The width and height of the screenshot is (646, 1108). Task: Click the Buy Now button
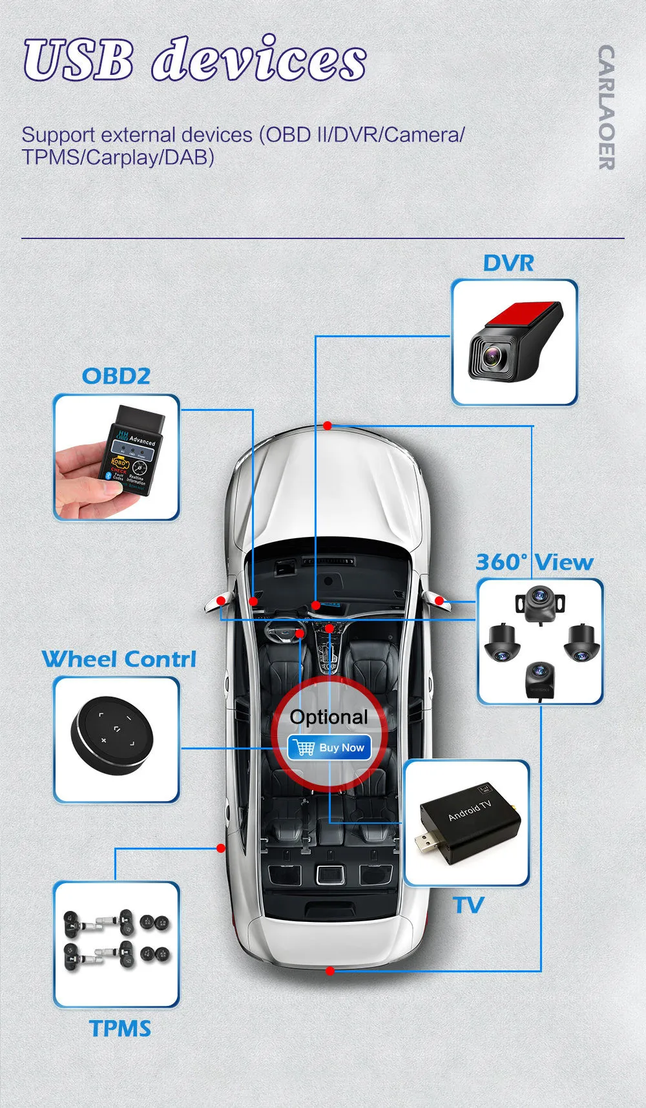click(x=329, y=747)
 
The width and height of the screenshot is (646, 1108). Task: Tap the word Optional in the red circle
click(x=329, y=716)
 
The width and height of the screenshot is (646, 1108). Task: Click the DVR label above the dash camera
click(x=508, y=264)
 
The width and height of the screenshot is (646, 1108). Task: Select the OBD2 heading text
click(x=116, y=376)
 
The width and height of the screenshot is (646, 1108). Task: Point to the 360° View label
click(x=534, y=562)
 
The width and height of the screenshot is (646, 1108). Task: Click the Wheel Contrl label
click(x=119, y=659)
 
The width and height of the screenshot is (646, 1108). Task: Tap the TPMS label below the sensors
click(x=120, y=1029)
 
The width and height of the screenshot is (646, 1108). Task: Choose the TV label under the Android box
click(x=468, y=905)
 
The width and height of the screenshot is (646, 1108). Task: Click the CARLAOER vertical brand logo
click(x=606, y=107)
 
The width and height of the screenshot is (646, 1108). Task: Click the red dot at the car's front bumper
click(x=328, y=426)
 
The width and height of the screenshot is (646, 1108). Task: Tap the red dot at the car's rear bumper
click(x=330, y=970)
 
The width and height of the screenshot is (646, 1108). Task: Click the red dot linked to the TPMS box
click(x=221, y=848)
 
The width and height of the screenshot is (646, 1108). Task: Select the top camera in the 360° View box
click(x=539, y=602)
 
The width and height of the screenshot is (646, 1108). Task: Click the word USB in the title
click(x=79, y=60)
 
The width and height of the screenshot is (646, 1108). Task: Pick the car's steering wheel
click(x=285, y=630)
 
